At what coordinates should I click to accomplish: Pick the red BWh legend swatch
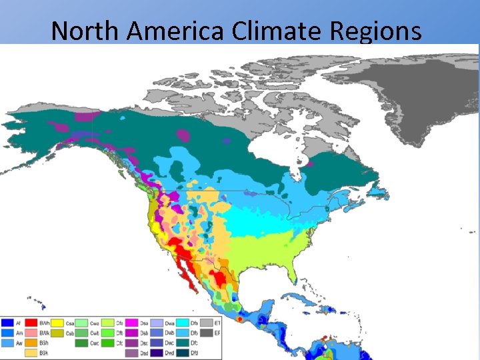(x=30, y=323)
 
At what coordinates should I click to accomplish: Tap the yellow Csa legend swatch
(x=58, y=323)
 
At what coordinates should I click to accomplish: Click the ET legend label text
(x=218, y=323)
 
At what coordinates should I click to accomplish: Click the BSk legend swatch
(x=30, y=353)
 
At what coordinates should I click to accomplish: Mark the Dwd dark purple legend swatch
(x=157, y=353)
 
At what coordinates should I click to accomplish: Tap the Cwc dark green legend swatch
(x=81, y=343)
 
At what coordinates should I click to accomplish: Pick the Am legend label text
(x=19, y=333)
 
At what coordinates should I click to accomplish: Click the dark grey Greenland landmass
(x=427, y=93)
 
